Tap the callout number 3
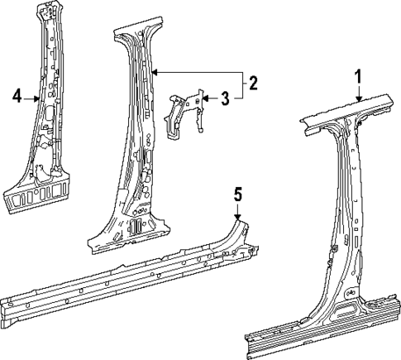click(x=224, y=100)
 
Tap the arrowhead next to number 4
click(x=36, y=98)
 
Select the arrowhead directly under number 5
click(x=237, y=217)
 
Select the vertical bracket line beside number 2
click(x=242, y=84)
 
